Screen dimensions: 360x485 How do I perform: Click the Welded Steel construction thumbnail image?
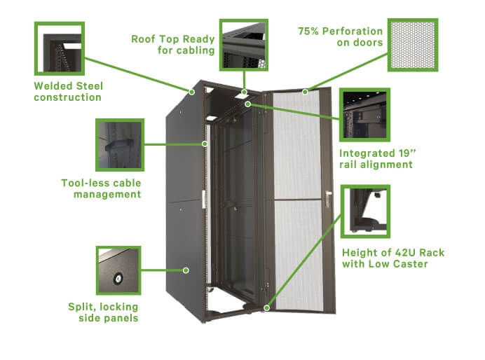60,48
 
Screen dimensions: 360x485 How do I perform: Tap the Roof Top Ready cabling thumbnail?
244,44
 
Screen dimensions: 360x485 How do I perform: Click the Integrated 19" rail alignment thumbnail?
363,115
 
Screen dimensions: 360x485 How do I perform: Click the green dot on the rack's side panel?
186,269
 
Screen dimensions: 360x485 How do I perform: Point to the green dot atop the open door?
305,91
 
